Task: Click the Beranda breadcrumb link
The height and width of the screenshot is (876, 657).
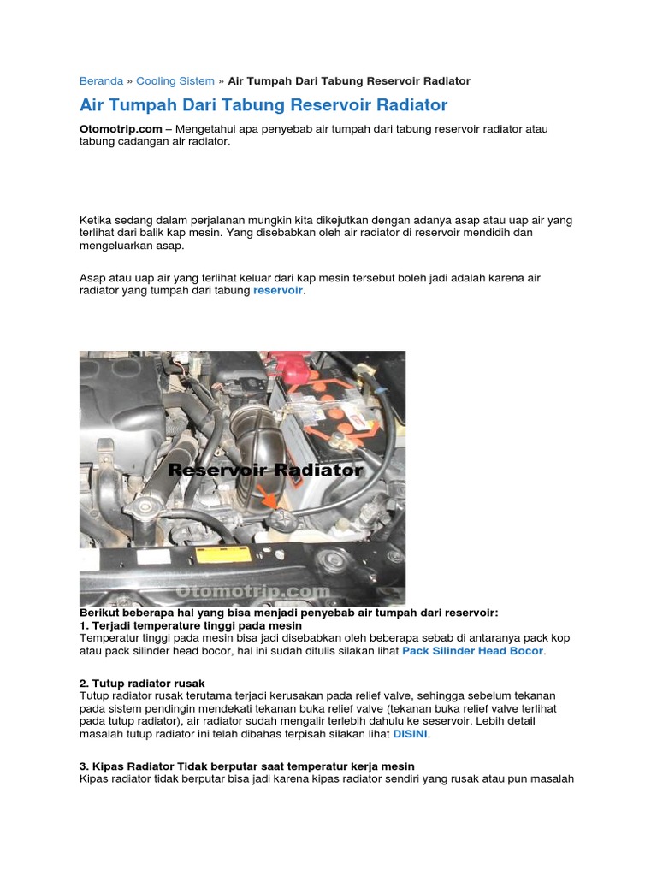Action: click(101, 81)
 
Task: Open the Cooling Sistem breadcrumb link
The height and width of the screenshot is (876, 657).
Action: click(175, 81)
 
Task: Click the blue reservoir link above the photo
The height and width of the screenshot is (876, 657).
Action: click(278, 291)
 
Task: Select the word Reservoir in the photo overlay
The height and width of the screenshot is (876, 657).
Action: click(218, 471)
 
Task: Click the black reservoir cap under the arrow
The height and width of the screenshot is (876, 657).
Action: click(280, 518)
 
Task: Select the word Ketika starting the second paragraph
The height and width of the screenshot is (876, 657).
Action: click(98, 220)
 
